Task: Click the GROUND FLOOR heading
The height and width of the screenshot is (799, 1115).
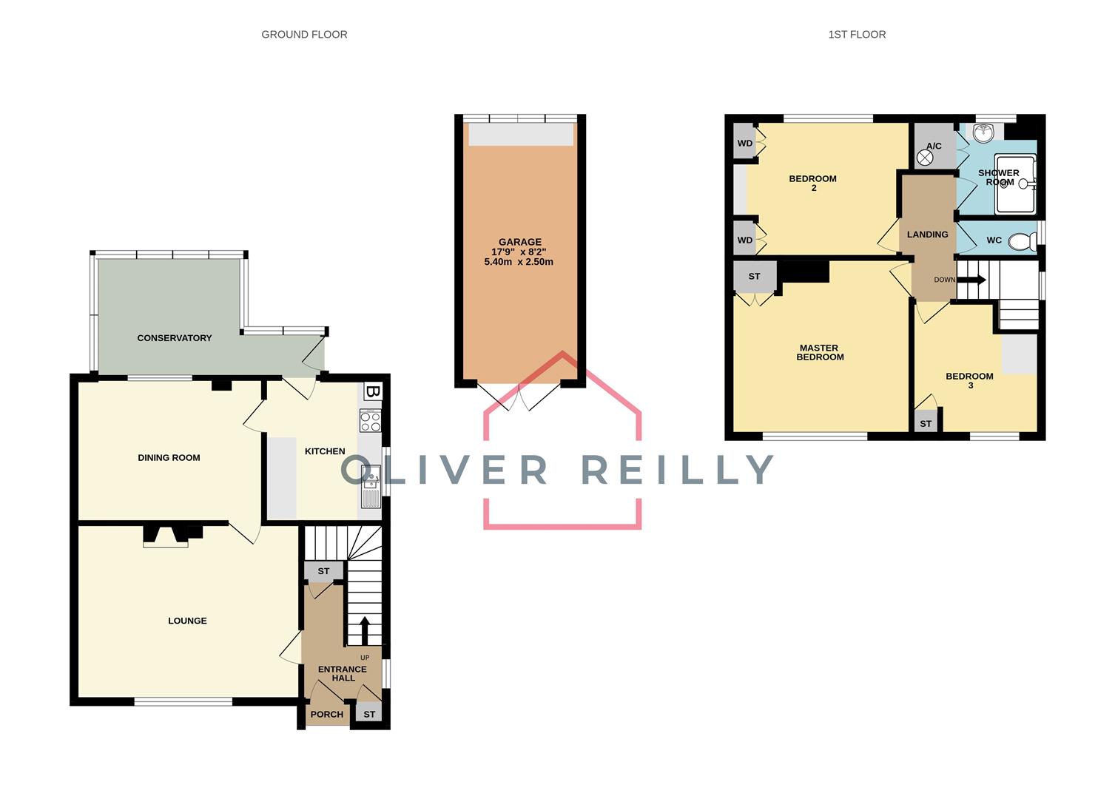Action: [x=304, y=34]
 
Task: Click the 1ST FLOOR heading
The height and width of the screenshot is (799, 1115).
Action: [x=857, y=34]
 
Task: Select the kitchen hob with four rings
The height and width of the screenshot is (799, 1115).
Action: [x=370, y=421]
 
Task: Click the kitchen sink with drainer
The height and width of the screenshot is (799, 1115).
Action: [x=370, y=486]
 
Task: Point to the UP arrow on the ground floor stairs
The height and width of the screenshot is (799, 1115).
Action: [x=364, y=630]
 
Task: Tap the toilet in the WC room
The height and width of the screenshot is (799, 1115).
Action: [x=1022, y=241]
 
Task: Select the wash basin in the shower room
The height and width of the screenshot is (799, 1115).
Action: [x=983, y=134]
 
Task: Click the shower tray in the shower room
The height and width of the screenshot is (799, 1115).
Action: [x=1015, y=184]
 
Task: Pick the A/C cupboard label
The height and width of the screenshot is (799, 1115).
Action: [x=934, y=146]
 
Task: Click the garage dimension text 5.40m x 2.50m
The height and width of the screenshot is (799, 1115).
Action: [x=519, y=262]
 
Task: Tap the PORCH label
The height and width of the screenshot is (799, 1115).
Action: [x=326, y=714]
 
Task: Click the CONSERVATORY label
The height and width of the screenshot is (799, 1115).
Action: [x=175, y=338]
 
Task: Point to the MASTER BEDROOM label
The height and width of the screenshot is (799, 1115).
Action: [x=820, y=352]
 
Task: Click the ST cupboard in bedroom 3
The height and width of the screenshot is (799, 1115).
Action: [x=926, y=423]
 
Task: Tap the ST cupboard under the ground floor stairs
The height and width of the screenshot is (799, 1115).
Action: [x=323, y=571]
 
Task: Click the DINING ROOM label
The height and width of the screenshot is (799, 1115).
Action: [x=169, y=458]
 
